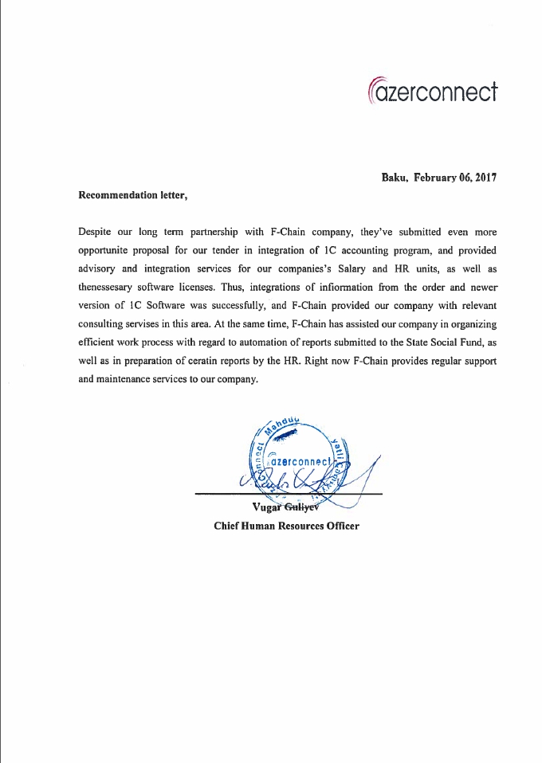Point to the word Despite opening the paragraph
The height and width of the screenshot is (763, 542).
96,233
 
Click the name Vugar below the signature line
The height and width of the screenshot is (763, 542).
265,509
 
